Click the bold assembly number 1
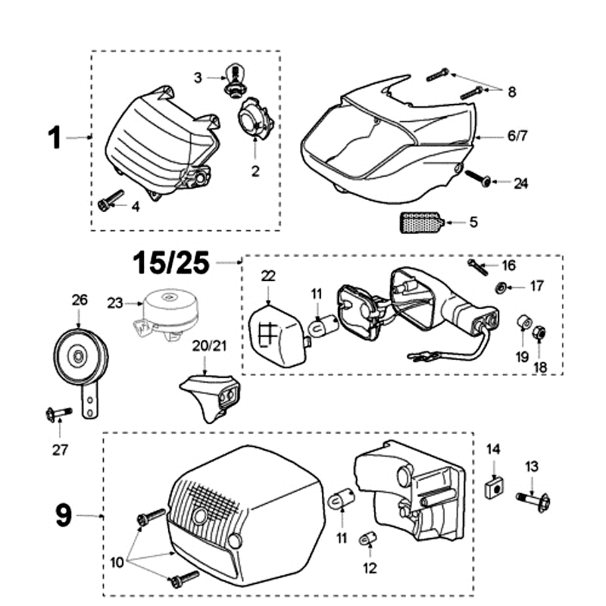[x=54, y=138]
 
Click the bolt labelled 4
[x=111, y=201]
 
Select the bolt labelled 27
[x=58, y=413]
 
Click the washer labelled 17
[x=501, y=287]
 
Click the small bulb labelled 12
[x=368, y=539]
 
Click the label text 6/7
[x=517, y=136]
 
